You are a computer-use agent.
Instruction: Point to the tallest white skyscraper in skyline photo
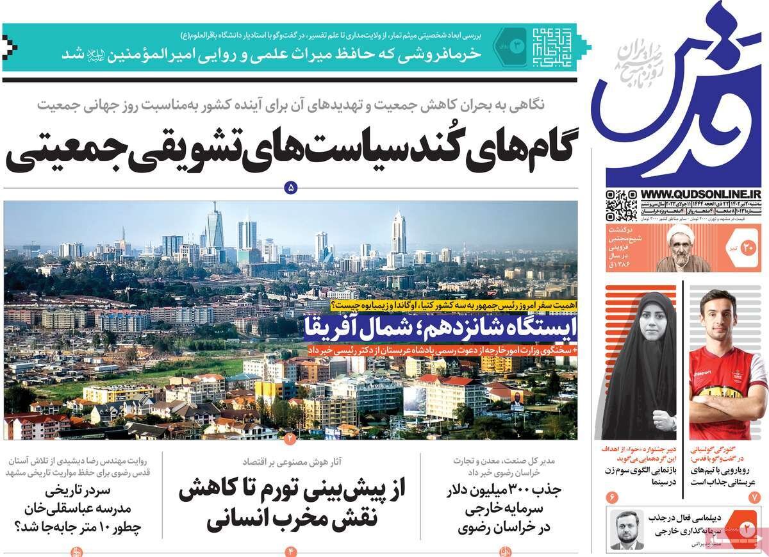tap(398, 232)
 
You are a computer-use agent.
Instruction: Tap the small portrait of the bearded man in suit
tap(626, 529)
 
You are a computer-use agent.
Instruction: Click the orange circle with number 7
tap(754, 497)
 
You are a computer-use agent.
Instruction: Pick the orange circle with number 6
tap(611, 497)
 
